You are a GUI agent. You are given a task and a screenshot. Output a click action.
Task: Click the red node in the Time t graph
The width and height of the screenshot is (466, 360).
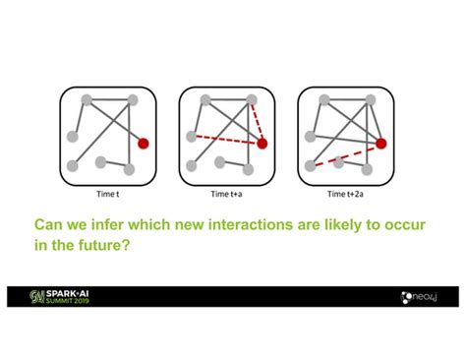[x=144, y=143]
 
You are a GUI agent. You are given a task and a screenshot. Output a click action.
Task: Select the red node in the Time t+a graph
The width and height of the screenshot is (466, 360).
[x=262, y=144]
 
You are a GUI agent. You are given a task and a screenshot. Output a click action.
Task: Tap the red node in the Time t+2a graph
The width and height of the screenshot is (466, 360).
[x=380, y=144]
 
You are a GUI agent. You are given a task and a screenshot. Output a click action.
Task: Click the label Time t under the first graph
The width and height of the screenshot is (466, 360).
[x=108, y=193]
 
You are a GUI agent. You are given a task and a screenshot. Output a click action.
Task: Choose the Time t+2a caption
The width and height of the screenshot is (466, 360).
[x=345, y=193]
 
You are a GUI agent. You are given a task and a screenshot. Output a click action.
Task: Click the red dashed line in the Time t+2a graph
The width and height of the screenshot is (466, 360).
[x=344, y=155]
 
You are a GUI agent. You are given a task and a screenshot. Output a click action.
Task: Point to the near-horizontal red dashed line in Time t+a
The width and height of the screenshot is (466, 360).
[x=226, y=139]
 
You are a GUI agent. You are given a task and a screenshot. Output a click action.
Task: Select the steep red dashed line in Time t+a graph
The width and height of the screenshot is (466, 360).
[x=258, y=122]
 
